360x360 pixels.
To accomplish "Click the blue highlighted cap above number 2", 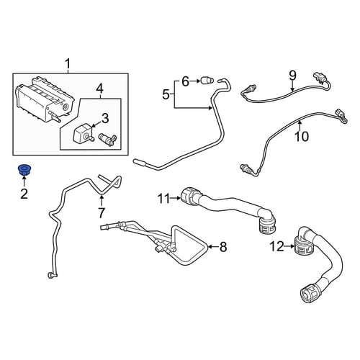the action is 24,170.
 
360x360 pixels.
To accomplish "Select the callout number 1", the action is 68,64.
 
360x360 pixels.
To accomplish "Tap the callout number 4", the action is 100,89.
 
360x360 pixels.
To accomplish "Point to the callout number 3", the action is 105,119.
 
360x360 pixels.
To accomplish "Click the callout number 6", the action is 185,81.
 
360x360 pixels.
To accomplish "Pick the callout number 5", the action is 166,95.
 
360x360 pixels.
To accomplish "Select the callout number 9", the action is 292,75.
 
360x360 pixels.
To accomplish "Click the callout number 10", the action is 302,136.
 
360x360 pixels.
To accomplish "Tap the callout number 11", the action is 165,199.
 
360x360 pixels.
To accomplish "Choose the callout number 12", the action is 277,246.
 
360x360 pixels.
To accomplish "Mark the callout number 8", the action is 223,247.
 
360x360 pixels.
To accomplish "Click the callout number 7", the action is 102,212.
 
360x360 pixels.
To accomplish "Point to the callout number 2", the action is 24,194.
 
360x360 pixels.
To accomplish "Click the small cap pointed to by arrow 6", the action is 207,80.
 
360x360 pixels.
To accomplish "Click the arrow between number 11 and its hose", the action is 176,198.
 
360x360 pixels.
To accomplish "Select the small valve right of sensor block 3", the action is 108,140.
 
